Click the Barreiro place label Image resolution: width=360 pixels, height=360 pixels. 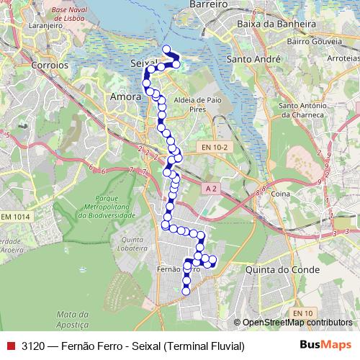[x=208, y=4]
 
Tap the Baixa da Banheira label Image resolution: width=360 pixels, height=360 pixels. [x=278, y=24]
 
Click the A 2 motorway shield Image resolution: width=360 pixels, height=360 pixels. [x=210, y=188]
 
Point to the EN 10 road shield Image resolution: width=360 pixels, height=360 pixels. [x=303, y=312]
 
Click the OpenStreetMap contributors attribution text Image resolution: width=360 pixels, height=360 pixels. [x=297, y=323]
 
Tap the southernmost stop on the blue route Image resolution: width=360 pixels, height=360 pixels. [x=186, y=291]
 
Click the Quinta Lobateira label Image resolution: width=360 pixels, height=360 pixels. [x=139, y=244]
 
